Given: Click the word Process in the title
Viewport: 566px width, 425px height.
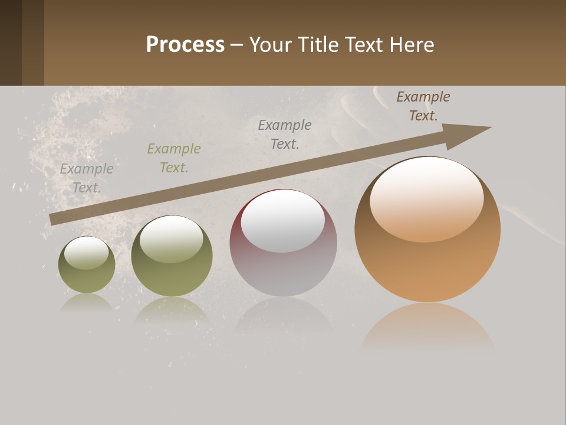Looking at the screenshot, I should (185, 45).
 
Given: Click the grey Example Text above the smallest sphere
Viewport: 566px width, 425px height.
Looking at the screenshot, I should (87, 178).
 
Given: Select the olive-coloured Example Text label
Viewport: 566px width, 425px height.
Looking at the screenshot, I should (174, 158).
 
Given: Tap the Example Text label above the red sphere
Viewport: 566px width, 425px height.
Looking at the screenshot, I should (285, 134).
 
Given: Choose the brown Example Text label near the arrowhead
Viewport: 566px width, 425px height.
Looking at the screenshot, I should (423, 106).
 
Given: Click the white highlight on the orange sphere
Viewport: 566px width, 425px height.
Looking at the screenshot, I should (426, 198).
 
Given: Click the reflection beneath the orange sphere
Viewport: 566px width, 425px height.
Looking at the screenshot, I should (427, 328).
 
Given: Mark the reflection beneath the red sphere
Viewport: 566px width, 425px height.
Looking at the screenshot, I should (283, 316).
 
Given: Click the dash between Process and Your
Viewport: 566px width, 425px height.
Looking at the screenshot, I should (237, 45).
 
